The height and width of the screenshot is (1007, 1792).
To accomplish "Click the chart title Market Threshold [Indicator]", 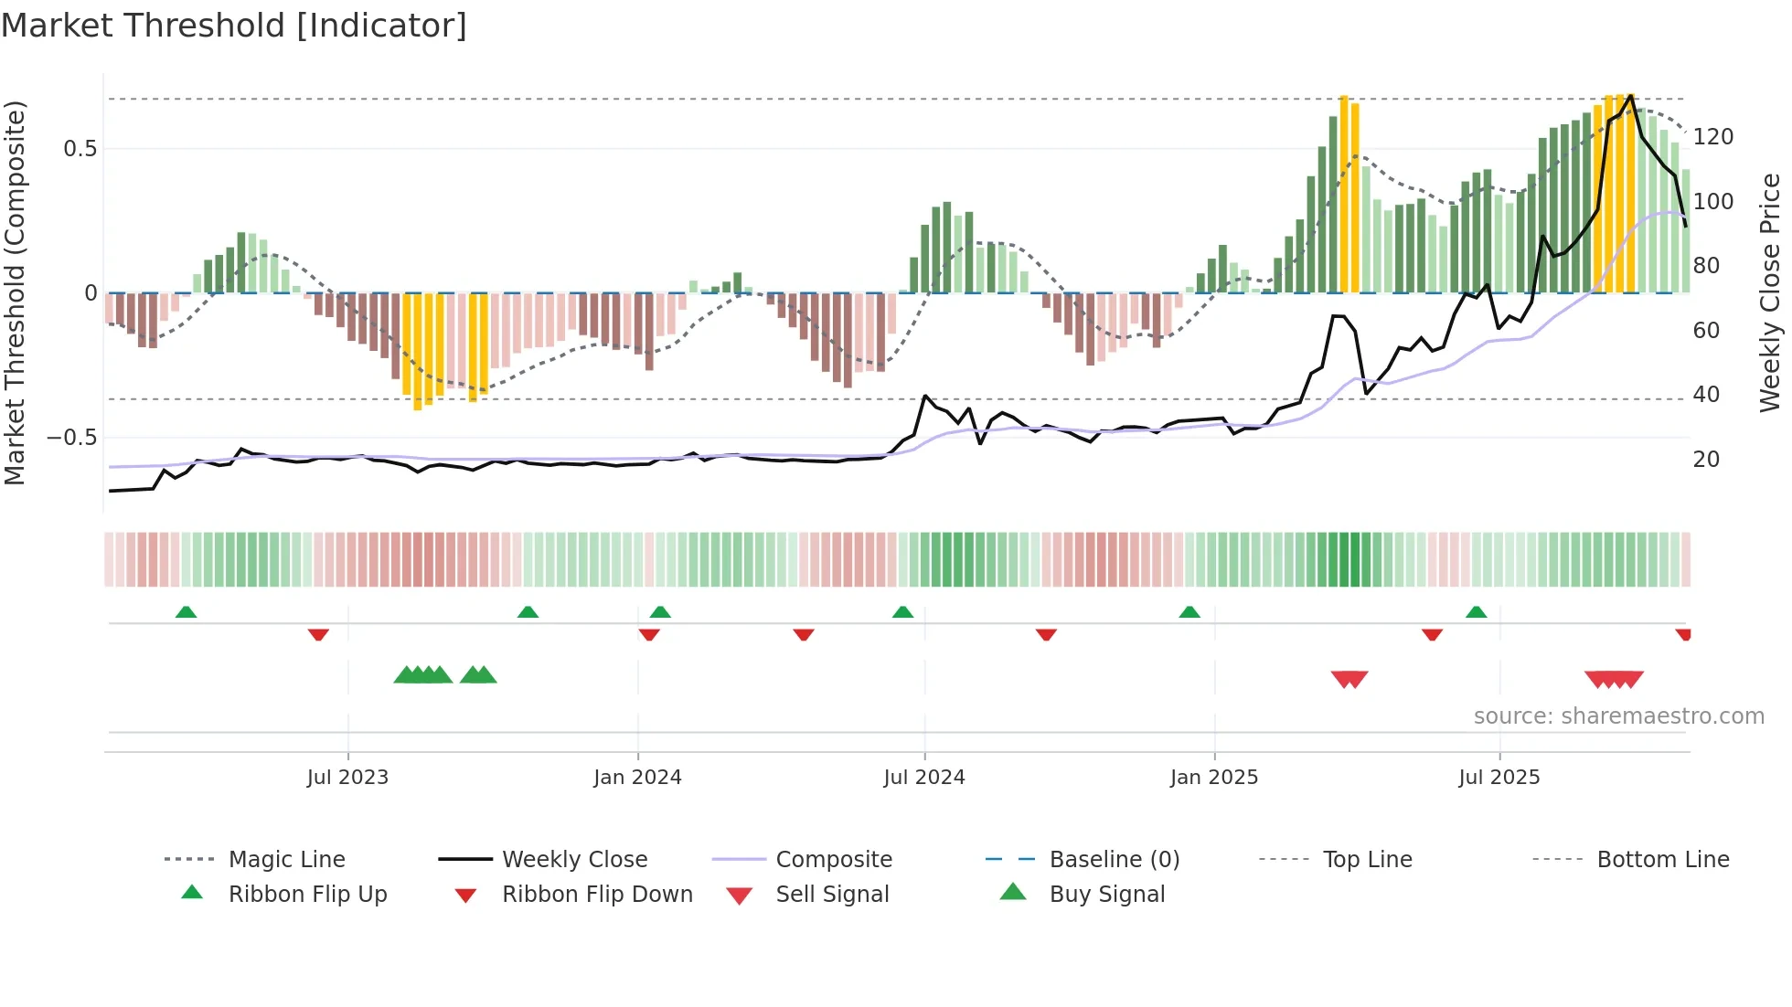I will (x=234, y=26).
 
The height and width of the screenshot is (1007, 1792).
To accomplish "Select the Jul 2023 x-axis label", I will (x=347, y=778).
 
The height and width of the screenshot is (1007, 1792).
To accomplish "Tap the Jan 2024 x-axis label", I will (x=637, y=778).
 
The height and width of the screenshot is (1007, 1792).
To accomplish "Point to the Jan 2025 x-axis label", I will (x=1214, y=778).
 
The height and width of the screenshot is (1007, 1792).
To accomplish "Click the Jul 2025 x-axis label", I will (x=1499, y=778).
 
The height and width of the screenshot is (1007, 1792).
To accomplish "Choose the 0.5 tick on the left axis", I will (x=80, y=149).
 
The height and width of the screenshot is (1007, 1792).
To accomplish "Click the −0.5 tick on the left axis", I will (x=72, y=438).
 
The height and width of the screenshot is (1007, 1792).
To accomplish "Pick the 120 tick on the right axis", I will (x=1712, y=137).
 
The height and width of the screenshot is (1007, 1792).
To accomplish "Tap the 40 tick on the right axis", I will (x=1706, y=395).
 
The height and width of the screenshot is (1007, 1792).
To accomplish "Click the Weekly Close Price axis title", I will (x=1770, y=292).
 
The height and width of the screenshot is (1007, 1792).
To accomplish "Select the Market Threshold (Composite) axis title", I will (x=15, y=292).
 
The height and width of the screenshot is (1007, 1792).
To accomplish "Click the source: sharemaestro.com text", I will (x=1618, y=716).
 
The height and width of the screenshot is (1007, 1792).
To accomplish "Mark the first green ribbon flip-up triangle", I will (x=186, y=611).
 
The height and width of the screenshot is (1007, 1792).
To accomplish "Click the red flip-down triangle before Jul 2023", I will (x=318, y=634).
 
